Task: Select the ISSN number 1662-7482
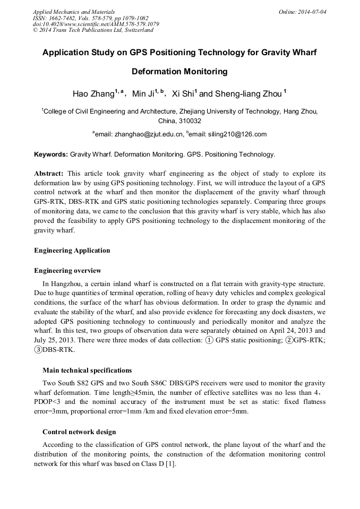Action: (x=62, y=18)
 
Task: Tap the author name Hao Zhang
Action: (x=93, y=94)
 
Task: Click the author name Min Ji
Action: (x=142, y=94)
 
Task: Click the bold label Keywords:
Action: (x=50, y=154)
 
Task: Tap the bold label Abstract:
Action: (x=49, y=174)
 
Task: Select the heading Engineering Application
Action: (x=72, y=250)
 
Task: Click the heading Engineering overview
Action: (x=67, y=271)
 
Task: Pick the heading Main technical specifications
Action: (x=87, y=370)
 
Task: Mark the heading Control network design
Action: (x=79, y=432)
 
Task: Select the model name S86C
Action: (x=148, y=383)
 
